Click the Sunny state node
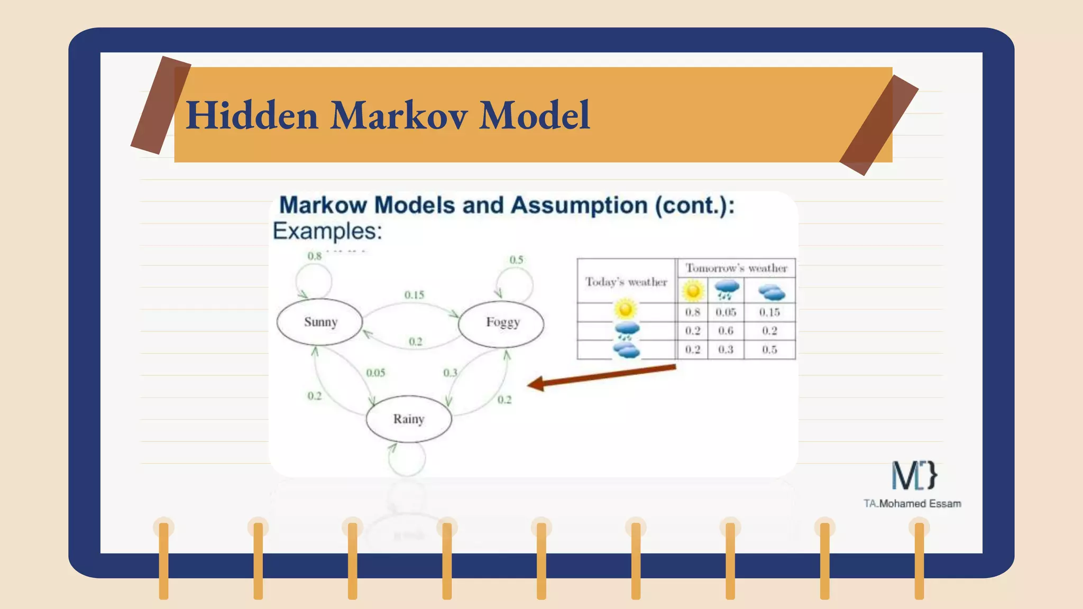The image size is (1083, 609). tap(320, 322)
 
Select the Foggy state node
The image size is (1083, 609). tap(501, 322)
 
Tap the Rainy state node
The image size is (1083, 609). tap(409, 419)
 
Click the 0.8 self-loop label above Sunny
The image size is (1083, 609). tap(315, 256)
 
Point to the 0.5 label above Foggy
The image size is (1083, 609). tap(516, 260)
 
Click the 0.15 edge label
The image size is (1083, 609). tap(414, 294)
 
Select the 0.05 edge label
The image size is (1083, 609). tap(375, 373)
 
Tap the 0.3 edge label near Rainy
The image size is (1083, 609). tap(450, 373)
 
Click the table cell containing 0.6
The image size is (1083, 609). tap(726, 331)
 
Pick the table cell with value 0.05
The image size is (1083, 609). tap(726, 312)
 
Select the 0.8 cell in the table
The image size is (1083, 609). tap(692, 312)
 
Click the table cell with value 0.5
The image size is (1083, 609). tap(769, 349)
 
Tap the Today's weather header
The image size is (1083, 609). tap(626, 282)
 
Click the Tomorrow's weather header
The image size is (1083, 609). tap(736, 268)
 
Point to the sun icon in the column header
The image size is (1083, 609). tap(693, 291)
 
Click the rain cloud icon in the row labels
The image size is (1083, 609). tap(627, 331)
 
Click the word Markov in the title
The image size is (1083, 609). tap(399, 115)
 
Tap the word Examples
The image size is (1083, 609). tap(327, 231)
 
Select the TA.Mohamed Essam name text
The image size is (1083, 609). tap(912, 504)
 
